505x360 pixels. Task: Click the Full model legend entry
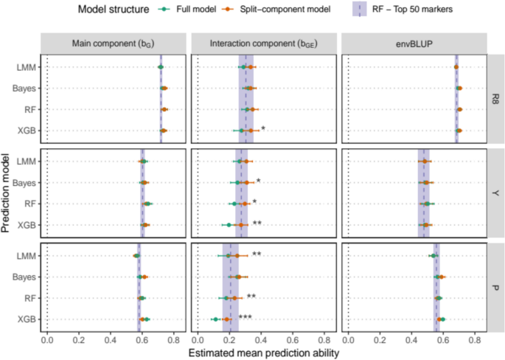[x=187, y=10]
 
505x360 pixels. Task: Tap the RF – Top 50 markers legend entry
[x=431, y=10]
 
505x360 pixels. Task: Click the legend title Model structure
[x=112, y=10]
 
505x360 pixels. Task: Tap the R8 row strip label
[x=497, y=100]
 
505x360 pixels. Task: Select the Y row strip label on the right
[x=497, y=193]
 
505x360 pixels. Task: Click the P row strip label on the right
[x=497, y=288]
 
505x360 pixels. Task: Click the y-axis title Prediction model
[x=7, y=193]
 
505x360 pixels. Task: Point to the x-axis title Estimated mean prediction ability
[x=264, y=353]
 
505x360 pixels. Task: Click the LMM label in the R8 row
[x=27, y=68]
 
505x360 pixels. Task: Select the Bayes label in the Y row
[x=26, y=183]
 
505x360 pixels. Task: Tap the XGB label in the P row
[x=27, y=319]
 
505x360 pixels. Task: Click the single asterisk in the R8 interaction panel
[x=262, y=129]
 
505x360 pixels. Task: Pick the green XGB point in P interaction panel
[x=215, y=319]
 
